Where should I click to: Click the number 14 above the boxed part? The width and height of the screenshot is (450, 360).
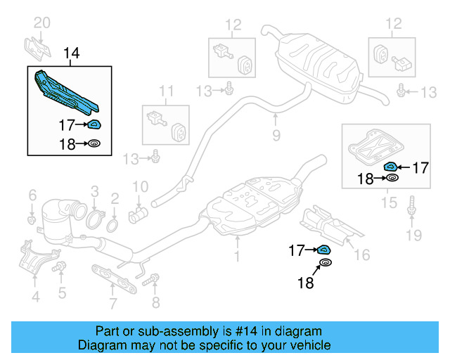coord(72,53)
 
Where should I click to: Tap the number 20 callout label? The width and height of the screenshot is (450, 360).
coord(42,24)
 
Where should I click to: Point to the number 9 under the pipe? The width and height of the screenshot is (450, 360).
coord(276,134)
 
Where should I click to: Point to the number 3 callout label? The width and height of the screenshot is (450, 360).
coord(94,191)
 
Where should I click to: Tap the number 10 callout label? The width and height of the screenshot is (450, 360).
coord(141,187)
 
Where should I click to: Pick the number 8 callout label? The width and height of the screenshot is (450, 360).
coord(155,303)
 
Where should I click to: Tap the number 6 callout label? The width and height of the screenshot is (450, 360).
coord(32,195)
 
